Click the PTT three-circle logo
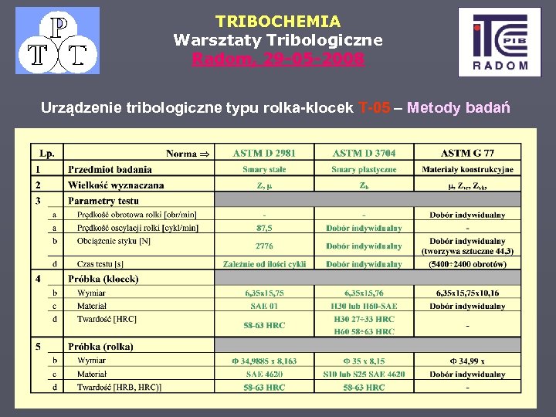pos(58,40)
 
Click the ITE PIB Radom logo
pos(499,42)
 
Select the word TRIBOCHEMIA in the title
pos(278,22)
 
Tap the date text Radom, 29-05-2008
pos(278,58)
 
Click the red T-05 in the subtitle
pos(380,108)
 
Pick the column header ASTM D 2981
pos(264,153)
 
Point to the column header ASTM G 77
pos(468,153)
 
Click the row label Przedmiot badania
pos(110,169)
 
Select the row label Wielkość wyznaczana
pos(116,185)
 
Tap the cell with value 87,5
pos(264,228)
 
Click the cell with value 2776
pos(264,246)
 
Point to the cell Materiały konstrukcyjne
pos(468,169)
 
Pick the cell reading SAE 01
pos(264,306)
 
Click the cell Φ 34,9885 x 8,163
pos(264,361)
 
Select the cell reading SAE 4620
pos(264,374)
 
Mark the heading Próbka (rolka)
pos(100,346)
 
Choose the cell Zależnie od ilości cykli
pos(264,263)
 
